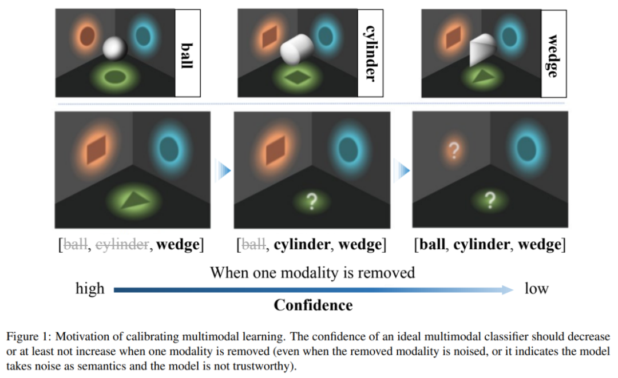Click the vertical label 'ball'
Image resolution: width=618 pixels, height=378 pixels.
187,54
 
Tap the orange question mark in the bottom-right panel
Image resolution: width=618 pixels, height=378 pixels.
454,151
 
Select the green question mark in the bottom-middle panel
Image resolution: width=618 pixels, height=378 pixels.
312,201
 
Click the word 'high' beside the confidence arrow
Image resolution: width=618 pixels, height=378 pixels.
90,289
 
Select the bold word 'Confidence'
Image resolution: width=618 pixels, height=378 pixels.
313,305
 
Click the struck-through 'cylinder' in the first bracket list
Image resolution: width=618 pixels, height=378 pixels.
121,245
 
